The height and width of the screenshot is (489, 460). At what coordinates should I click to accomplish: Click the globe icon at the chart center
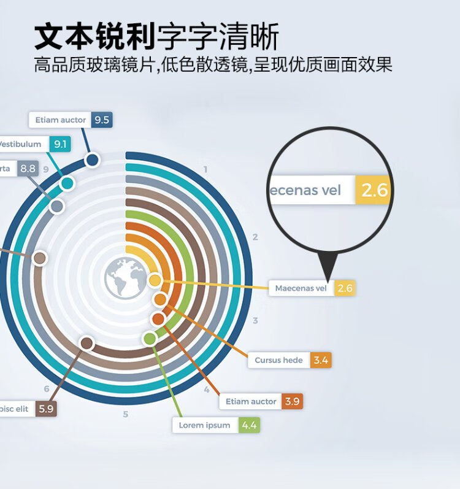pyautogui.click(x=125, y=278)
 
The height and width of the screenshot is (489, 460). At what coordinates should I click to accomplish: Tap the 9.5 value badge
pyautogui.click(x=101, y=120)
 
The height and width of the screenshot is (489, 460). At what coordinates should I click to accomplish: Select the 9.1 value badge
pyautogui.click(x=60, y=144)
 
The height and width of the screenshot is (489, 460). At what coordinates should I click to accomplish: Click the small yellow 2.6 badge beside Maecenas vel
pyautogui.click(x=345, y=288)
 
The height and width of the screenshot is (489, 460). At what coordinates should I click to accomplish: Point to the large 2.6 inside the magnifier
pyautogui.click(x=374, y=190)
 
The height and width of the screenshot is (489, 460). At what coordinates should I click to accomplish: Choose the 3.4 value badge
pyautogui.click(x=321, y=360)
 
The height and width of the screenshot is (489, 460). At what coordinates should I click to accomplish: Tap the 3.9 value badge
pyautogui.click(x=292, y=401)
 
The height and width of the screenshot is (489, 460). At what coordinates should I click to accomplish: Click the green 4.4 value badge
pyautogui.click(x=249, y=425)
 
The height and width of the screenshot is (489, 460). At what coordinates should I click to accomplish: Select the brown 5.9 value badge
pyautogui.click(x=46, y=409)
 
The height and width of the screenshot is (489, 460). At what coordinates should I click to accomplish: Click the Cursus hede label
pyautogui.click(x=279, y=360)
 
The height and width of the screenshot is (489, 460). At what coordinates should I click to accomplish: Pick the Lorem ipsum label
pyautogui.click(x=205, y=425)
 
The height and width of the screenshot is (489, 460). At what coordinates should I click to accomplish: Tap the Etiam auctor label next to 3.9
pyautogui.click(x=251, y=401)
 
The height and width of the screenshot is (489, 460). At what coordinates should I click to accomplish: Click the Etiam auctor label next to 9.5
pyautogui.click(x=60, y=120)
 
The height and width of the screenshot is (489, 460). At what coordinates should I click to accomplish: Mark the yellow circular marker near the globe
pyautogui.click(x=155, y=280)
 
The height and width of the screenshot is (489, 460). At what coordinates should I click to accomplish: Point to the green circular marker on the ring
pyautogui.click(x=149, y=338)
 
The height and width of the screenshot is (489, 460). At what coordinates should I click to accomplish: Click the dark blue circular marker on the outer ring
pyautogui.click(x=92, y=160)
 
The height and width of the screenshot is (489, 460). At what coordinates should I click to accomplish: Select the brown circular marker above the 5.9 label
pyautogui.click(x=86, y=343)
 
